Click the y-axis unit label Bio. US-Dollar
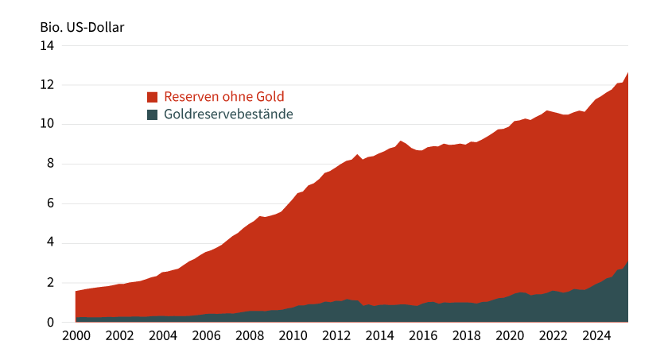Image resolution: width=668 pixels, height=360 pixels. pyautogui.click(x=83, y=26)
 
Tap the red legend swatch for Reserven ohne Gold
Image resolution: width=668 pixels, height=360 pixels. pyautogui.click(x=153, y=97)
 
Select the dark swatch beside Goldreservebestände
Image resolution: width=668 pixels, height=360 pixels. pyautogui.click(x=153, y=114)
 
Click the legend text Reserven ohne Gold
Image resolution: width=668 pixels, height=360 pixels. pyautogui.click(x=224, y=97)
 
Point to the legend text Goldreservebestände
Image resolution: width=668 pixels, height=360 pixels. pyautogui.click(x=229, y=114)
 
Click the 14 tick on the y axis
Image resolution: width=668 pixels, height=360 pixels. pyautogui.click(x=47, y=45)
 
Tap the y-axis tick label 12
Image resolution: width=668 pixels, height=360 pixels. pyautogui.click(x=47, y=85)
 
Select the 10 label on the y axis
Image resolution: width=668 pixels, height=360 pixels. pyautogui.click(x=47, y=124)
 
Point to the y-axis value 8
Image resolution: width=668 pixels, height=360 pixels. pyautogui.click(x=50, y=164)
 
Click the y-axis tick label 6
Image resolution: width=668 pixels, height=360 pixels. pyautogui.click(x=50, y=203)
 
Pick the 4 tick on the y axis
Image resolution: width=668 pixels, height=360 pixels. pyautogui.click(x=50, y=243)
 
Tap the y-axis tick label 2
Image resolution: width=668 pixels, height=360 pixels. pyautogui.click(x=50, y=283)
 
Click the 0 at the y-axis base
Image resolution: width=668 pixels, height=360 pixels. pyautogui.click(x=50, y=322)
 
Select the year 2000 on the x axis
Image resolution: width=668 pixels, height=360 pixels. pyautogui.click(x=76, y=335)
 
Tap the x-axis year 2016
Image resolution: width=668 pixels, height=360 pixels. pyautogui.click(x=422, y=335)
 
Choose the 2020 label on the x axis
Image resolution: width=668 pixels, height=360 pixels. pyautogui.click(x=509, y=335)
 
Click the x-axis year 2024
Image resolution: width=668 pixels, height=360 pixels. pyautogui.click(x=596, y=335)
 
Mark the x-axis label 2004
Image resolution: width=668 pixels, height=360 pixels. pyautogui.click(x=162, y=335)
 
